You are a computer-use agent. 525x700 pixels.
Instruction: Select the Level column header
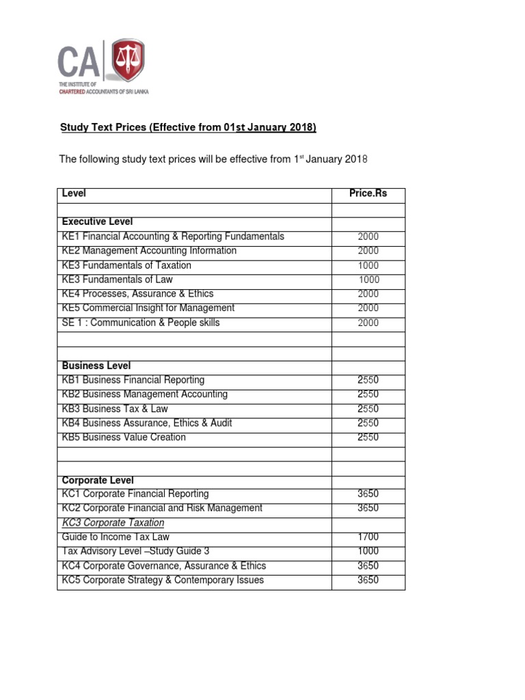[74, 193]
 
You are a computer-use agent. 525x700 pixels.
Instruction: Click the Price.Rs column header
[368, 193]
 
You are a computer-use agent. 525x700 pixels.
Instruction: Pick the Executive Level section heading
[97, 222]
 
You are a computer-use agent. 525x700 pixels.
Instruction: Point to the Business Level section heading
[96, 366]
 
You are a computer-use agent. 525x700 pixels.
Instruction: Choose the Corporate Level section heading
[98, 481]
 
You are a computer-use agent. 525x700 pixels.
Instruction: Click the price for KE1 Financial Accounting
[368, 237]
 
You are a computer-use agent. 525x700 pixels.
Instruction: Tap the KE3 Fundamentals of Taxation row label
[126, 265]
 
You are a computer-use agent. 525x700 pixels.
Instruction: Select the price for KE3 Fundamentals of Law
[368, 280]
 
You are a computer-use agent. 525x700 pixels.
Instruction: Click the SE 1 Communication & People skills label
[141, 323]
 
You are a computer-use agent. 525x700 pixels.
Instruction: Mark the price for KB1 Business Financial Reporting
[368, 380]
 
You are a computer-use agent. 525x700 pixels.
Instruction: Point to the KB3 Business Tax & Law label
[115, 409]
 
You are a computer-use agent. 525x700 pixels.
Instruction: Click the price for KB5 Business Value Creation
[368, 437]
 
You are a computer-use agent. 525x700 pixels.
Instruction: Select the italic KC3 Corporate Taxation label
[113, 523]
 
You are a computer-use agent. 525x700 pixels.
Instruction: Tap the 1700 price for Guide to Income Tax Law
[368, 537]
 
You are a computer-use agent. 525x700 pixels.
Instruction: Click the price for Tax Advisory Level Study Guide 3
[368, 552]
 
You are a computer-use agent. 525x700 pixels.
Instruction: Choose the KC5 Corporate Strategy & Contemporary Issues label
[163, 580]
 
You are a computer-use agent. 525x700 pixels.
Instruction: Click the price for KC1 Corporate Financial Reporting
[368, 494]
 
